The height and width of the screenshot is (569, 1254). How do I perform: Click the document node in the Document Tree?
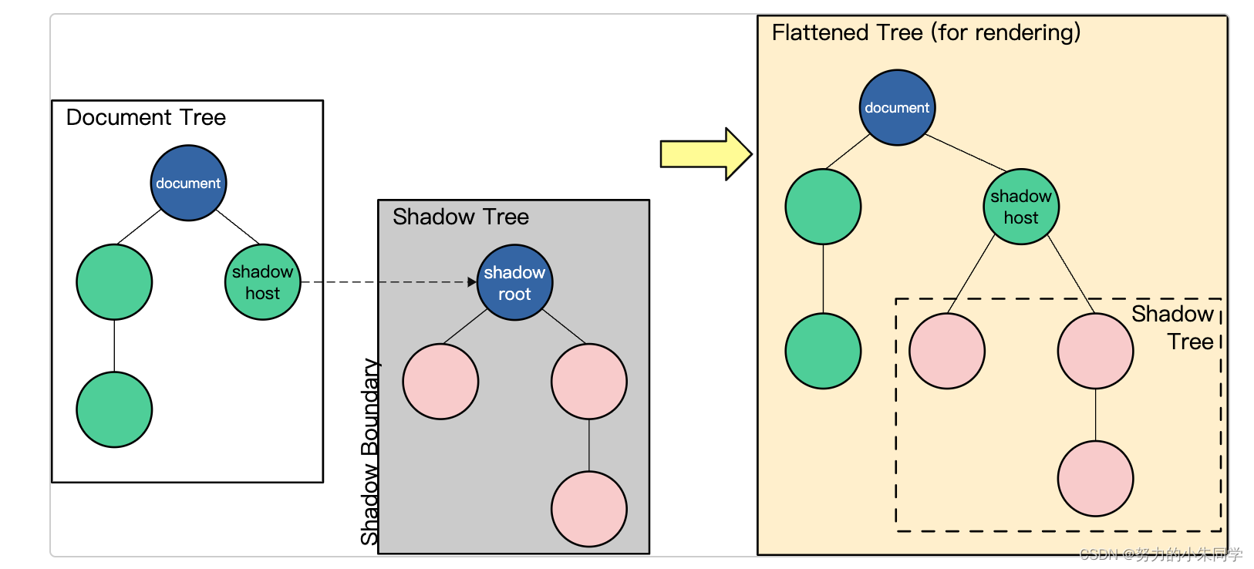(188, 183)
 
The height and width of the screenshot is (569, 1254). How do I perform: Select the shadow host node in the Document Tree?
(262, 282)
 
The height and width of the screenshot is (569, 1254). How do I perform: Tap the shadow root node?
(514, 283)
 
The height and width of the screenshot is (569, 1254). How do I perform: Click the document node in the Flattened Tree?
(897, 108)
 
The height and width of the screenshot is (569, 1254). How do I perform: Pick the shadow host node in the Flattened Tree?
(1021, 207)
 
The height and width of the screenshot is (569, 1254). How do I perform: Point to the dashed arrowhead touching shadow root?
(472, 282)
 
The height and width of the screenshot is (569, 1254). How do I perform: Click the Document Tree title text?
(146, 117)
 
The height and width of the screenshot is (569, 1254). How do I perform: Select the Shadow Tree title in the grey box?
(460, 217)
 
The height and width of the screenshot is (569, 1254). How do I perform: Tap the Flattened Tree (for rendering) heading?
(926, 32)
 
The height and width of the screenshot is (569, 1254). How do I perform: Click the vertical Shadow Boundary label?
(370, 452)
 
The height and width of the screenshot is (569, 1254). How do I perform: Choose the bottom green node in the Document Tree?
(114, 409)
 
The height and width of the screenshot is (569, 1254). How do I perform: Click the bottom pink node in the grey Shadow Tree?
(588, 509)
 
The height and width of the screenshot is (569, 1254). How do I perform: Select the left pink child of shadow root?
(440, 382)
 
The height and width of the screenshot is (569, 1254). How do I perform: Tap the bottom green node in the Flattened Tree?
(823, 351)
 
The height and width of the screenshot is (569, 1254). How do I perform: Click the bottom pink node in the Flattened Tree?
(1095, 479)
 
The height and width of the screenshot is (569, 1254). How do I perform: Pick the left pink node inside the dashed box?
(947, 351)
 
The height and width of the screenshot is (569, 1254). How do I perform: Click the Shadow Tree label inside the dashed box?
(1174, 328)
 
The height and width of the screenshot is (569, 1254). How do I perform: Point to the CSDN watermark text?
(1161, 554)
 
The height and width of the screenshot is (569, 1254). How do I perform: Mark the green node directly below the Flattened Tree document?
(823, 207)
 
